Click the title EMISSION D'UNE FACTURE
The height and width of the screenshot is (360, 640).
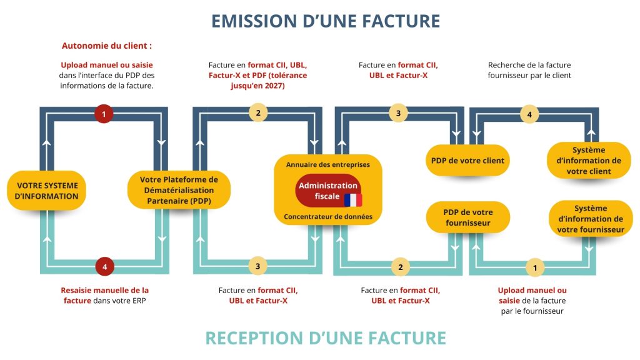click(x=326, y=21)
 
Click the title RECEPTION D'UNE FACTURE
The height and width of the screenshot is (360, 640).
click(x=326, y=338)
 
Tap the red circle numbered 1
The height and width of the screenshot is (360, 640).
click(x=104, y=114)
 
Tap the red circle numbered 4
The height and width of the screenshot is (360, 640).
click(x=104, y=266)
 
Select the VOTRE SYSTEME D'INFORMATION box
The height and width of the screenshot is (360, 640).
click(x=46, y=191)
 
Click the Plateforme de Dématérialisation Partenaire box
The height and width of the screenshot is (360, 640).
click(x=179, y=190)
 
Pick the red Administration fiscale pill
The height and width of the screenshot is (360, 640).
click(x=328, y=191)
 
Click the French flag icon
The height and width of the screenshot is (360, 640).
click(x=353, y=200)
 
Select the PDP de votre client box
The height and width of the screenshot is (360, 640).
click(x=467, y=161)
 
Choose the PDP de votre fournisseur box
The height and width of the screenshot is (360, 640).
click(x=467, y=217)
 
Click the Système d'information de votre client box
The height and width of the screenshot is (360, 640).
click(x=589, y=161)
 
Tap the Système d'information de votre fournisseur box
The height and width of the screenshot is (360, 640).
click(x=591, y=218)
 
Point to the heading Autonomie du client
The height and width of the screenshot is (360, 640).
click(x=106, y=46)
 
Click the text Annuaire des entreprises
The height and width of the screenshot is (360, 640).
click(x=327, y=164)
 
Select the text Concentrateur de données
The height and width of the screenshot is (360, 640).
click(x=328, y=216)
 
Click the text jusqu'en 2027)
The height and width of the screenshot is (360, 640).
click(x=257, y=86)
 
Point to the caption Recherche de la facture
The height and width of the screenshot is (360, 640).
click(x=529, y=65)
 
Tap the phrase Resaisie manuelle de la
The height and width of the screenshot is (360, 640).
click(x=105, y=290)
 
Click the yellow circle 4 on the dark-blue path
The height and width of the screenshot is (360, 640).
click(x=529, y=114)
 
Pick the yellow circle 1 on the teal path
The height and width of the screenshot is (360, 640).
click(x=535, y=267)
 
